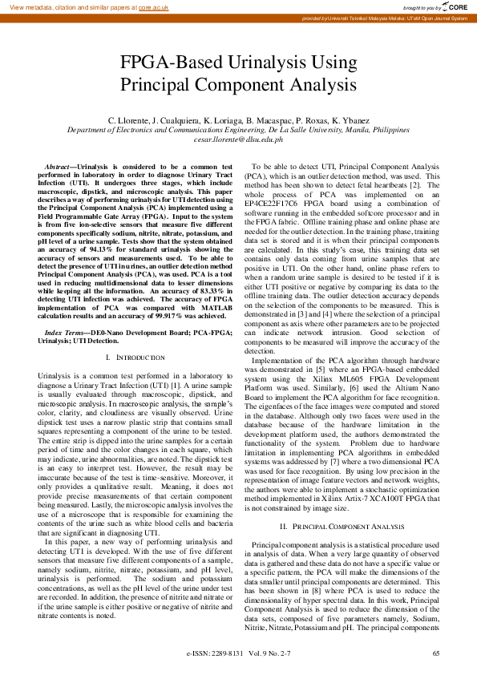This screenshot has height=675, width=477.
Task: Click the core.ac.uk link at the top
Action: tap(154, 6)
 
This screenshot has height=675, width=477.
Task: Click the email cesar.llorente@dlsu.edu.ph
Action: tap(238, 139)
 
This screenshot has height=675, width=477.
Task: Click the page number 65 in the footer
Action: tap(435, 653)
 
